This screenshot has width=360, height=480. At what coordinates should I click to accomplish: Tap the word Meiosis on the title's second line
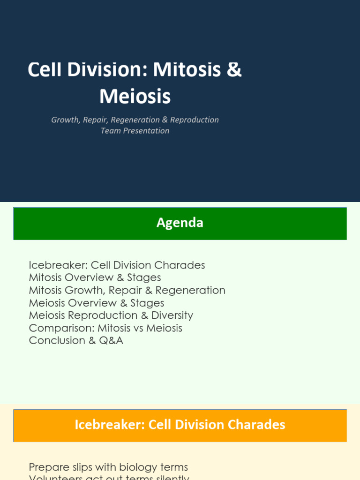(135, 96)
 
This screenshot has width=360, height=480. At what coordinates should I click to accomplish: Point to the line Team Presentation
(135, 131)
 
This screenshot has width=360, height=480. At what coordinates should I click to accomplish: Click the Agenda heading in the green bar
(180, 223)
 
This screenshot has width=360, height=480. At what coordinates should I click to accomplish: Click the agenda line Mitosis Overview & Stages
(95, 277)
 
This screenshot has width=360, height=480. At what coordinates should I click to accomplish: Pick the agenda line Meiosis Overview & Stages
(97, 303)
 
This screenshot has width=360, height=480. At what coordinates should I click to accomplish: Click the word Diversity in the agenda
(172, 315)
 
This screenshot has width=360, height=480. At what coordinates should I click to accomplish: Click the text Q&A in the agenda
(112, 341)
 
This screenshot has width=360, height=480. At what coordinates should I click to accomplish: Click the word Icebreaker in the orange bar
(109, 425)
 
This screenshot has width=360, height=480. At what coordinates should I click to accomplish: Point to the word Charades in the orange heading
(256, 425)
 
